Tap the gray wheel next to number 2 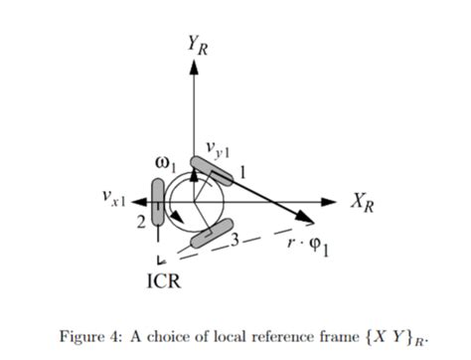click(158, 197)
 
